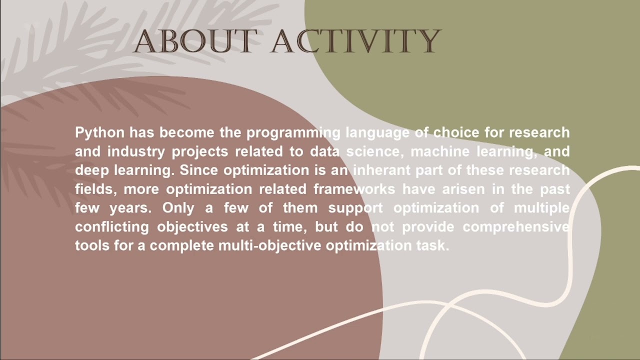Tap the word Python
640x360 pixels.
point(99,133)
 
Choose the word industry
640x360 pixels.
point(137,151)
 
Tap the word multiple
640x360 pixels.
point(542,208)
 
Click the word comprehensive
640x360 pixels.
point(516,227)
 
